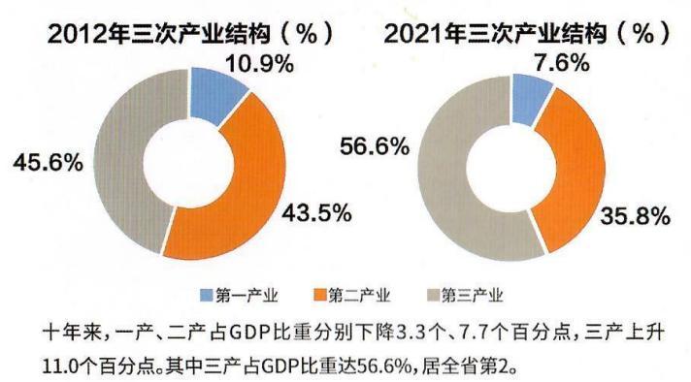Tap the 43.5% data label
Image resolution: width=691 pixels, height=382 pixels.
click(x=315, y=211)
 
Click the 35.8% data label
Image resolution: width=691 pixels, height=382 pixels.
click(x=636, y=216)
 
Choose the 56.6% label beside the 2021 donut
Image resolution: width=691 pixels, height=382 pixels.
click(x=374, y=146)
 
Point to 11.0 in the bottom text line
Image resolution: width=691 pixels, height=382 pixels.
click(x=58, y=366)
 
